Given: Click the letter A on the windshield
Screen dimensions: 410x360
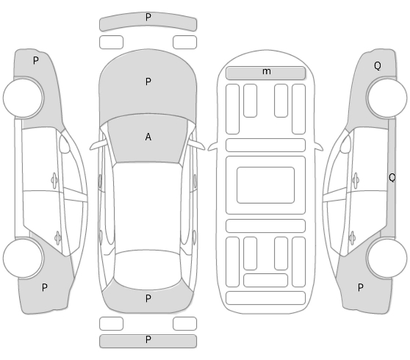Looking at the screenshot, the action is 148,137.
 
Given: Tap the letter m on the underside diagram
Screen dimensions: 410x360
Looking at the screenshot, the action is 267,71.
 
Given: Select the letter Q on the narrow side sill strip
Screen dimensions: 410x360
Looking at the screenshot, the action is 392,178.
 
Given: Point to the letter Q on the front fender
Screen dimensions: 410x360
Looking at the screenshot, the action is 378,65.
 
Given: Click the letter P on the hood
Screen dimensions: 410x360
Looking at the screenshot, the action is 148,82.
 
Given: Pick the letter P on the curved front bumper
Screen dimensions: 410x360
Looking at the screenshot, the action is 148,17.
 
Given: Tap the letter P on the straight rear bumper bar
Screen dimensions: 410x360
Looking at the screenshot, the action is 148,339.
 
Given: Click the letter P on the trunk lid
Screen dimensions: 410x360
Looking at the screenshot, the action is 148,298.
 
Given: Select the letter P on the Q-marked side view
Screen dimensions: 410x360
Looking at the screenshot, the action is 360,287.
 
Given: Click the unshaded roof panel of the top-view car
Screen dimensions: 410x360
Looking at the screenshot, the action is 148,206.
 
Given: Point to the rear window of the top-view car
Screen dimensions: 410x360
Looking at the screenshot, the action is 148,270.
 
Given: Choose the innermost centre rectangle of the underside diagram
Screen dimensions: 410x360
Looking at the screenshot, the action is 266,185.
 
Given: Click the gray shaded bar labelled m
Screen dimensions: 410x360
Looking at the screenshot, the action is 266,73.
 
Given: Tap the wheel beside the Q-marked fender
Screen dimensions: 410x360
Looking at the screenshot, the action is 387,98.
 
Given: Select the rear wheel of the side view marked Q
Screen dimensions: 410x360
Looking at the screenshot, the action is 387,258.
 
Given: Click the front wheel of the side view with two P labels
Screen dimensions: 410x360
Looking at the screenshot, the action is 24,97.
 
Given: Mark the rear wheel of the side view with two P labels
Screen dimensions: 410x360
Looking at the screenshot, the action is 24,258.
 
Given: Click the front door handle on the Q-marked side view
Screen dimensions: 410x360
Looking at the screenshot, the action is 356,180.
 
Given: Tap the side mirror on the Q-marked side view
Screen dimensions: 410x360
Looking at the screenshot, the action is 345,145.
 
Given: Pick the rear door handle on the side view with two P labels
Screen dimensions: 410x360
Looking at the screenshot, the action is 58,238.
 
